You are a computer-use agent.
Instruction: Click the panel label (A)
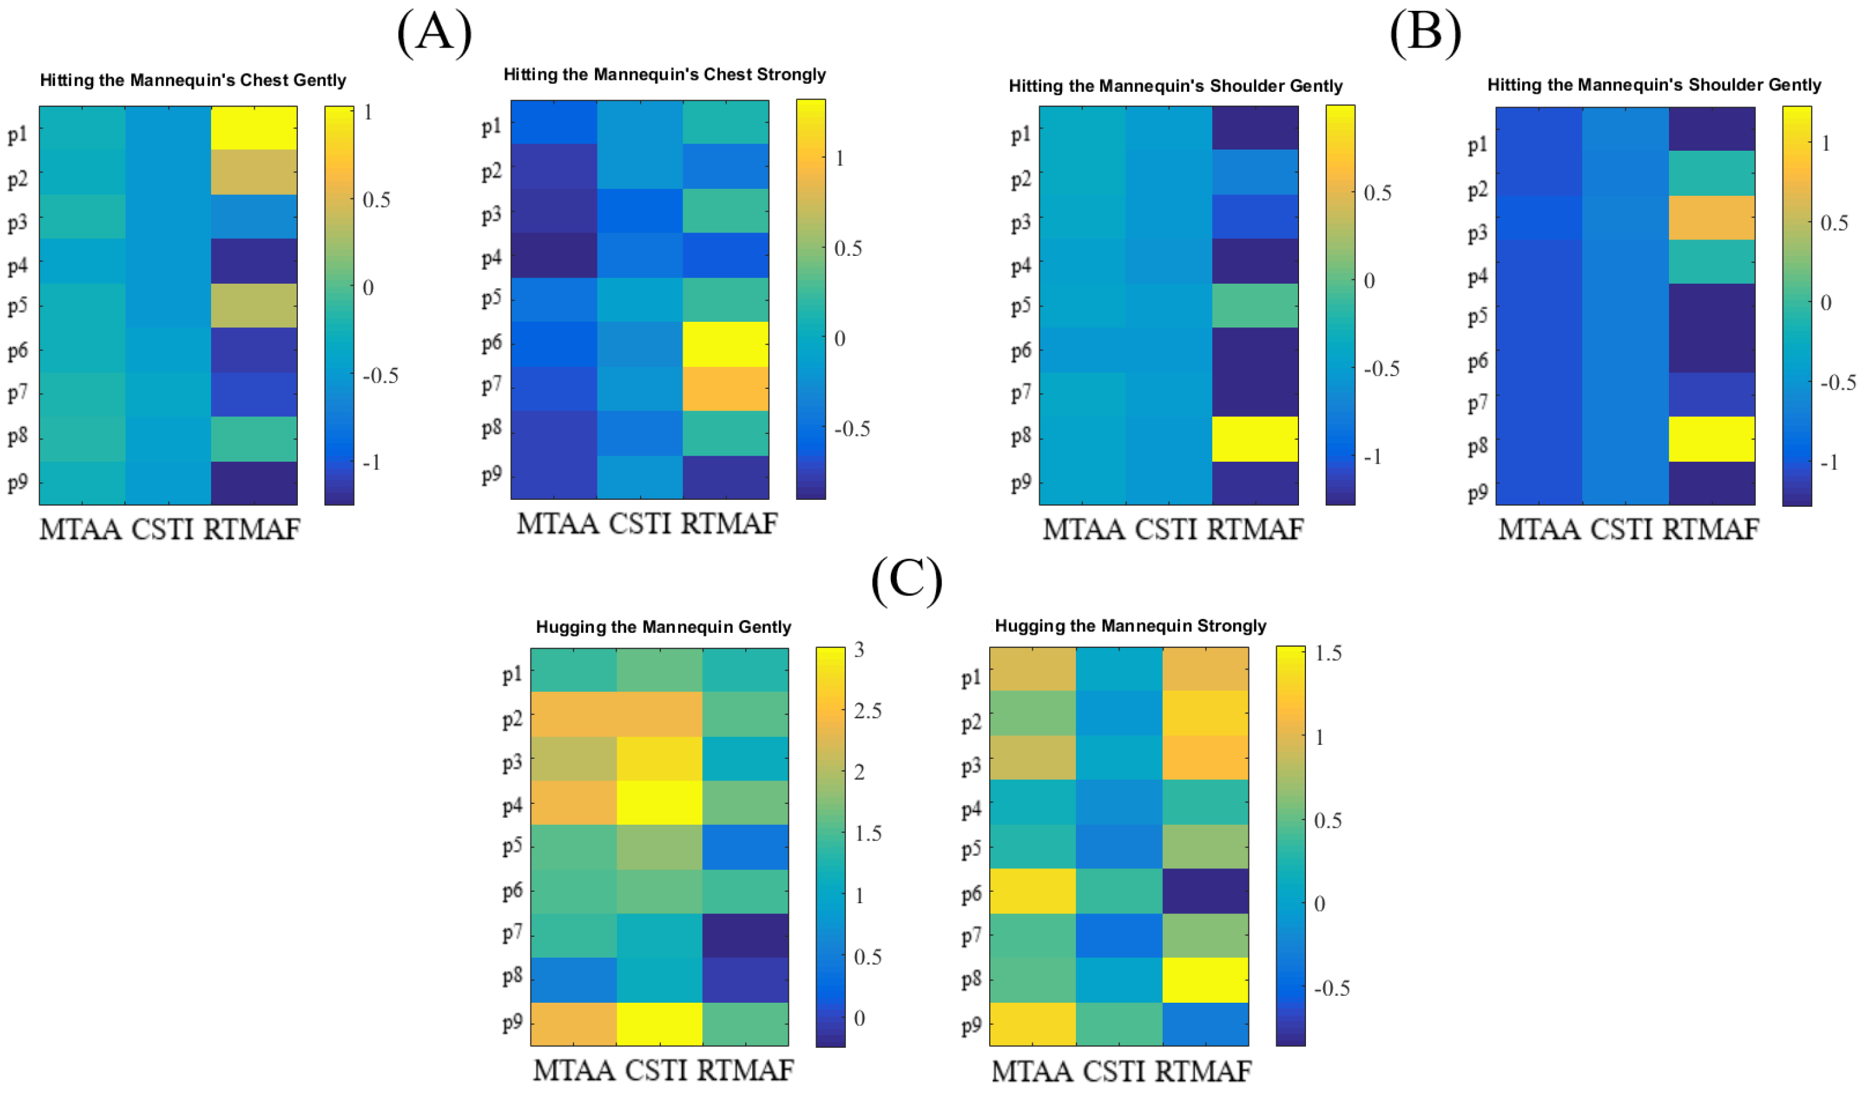tap(434, 34)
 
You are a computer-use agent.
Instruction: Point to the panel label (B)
tap(1424, 34)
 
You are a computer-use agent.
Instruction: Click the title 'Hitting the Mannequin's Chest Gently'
tap(193, 80)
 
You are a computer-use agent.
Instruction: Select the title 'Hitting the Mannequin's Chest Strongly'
tap(665, 74)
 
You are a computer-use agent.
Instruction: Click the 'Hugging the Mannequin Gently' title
tap(663, 627)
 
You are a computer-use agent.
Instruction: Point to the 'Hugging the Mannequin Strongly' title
tap(1130, 626)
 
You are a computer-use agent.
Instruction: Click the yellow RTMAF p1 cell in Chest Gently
tap(254, 127)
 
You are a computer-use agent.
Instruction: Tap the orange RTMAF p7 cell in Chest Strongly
tap(725, 388)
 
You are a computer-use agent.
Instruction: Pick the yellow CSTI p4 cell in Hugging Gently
tap(659, 802)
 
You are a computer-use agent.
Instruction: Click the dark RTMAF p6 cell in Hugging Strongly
tap(1205, 891)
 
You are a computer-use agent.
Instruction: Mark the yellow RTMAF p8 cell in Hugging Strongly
tap(1205, 980)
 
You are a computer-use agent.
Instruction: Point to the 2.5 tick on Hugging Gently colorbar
tap(867, 711)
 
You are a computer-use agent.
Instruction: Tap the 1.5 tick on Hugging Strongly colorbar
tap(1328, 653)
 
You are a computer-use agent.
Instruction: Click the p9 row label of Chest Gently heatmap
tap(18, 483)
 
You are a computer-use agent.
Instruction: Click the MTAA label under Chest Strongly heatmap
tap(557, 524)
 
